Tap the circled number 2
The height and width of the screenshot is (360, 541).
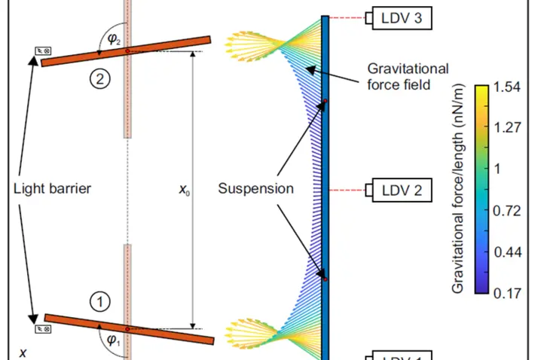(99, 78)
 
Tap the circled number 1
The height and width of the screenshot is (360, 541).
(99, 302)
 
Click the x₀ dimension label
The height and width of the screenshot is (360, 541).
(184, 190)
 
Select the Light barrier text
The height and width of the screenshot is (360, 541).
(52, 188)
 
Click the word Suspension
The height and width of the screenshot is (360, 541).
(255, 188)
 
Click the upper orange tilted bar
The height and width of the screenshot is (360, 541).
(127, 50)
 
